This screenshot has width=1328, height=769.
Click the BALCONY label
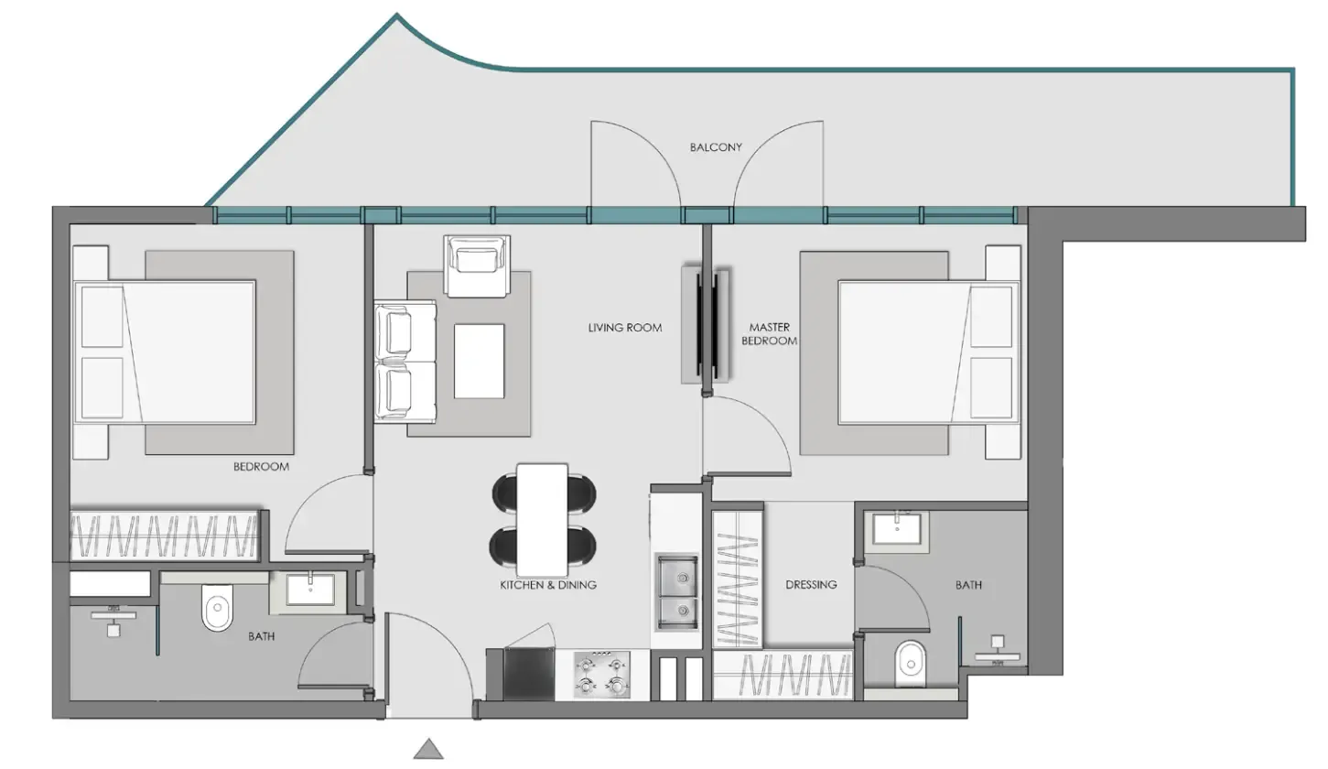(x=716, y=146)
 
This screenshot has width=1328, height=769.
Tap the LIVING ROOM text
(x=625, y=327)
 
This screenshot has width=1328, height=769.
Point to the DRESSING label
(x=811, y=584)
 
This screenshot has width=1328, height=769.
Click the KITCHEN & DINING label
(x=548, y=584)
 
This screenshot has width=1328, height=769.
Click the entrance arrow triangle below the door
(x=428, y=749)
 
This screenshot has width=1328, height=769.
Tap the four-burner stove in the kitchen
(x=602, y=675)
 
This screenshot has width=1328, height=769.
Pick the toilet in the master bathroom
(x=910, y=663)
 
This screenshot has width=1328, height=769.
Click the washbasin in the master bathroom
(x=898, y=528)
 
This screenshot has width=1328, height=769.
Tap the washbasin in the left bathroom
(x=310, y=589)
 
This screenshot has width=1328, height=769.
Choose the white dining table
(x=543, y=515)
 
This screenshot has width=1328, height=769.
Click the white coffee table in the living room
(x=479, y=361)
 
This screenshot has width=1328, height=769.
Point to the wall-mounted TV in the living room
(x=705, y=324)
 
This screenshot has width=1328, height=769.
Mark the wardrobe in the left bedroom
(x=166, y=535)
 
